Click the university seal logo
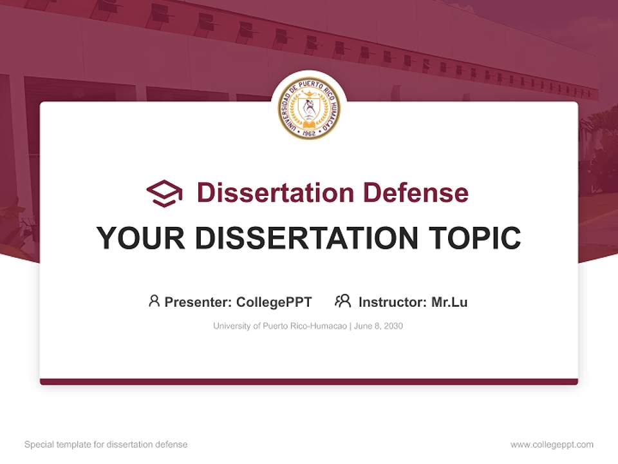pyautogui.click(x=309, y=108)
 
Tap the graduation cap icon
pyautogui.click(x=164, y=193)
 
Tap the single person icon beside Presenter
pyautogui.click(x=154, y=301)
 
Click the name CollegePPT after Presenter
pyautogui.click(x=274, y=302)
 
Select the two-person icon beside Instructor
pyautogui.click(x=342, y=301)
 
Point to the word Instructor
pyautogui.click(x=392, y=302)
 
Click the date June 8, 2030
pyautogui.click(x=379, y=326)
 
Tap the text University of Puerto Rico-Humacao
pyautogui.click(x=281, y=326)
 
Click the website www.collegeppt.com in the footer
pyautogui.click(x=552, y=445)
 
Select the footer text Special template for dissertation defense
pyautogui.click(x=106, y=445)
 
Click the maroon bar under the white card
pyautogui.click(x=309, y=382)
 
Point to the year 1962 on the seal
pyautogui.click(x=309, y=132)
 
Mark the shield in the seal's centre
pyautogui.click(x=309, y=107)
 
